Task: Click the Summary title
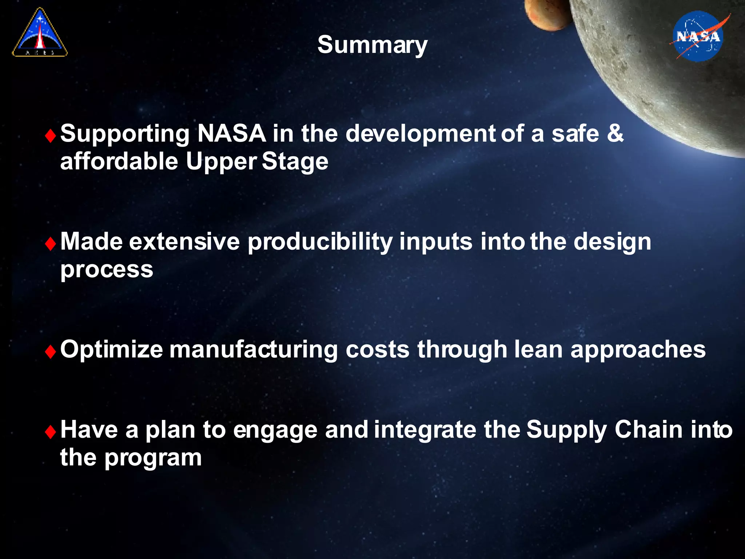(x=372, y=45)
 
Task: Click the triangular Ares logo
(x=40, y=33)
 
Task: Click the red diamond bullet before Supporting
(x=50, y=136)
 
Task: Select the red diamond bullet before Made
(x=50, y=244)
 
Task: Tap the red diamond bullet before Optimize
(x=50, y=352)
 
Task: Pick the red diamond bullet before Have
(x=50, y=432)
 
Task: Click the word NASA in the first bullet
(x=231, y=133)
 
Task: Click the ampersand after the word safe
(x=615, y=133)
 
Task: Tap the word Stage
(x=295, y=162)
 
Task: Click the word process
(x=107, y=270)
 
